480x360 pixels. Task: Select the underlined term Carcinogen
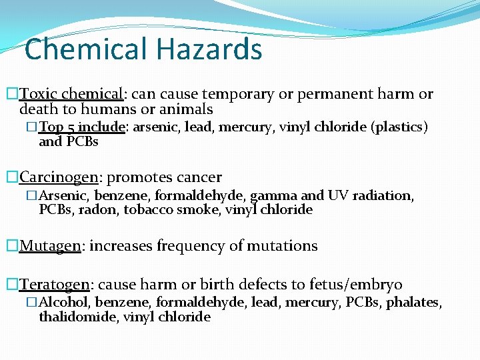click(x=59, y=177)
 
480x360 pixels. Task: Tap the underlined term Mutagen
click(x=50, y=246)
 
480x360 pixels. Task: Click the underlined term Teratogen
click(x=55, y=285)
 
